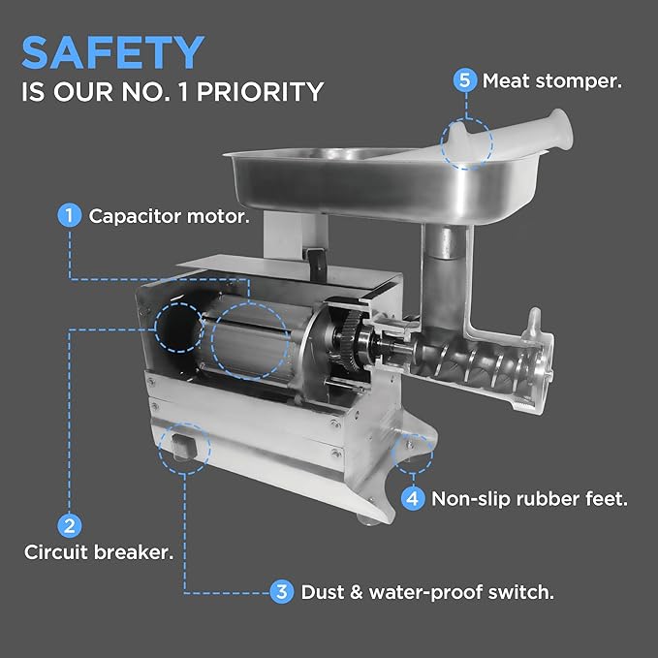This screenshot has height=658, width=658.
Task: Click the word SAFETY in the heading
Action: coord(112,52)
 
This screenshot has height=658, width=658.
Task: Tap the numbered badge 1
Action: coord(69,215)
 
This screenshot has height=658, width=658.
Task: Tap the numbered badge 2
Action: coord(69,526)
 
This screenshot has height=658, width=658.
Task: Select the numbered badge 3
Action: coord(281,591)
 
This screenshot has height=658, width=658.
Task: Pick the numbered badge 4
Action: coord(413,499)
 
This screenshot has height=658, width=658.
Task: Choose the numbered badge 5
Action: coord(465,80)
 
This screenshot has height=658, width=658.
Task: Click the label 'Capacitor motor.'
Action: coord(169,215)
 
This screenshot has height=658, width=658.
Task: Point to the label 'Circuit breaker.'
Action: coord(99,553)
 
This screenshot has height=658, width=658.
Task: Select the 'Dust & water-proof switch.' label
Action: coord(427,591)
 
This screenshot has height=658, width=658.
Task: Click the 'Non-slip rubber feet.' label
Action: coord(529,499)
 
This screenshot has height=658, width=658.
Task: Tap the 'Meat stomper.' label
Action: coord(550,80)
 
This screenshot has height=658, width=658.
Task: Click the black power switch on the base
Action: coord(184,447)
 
